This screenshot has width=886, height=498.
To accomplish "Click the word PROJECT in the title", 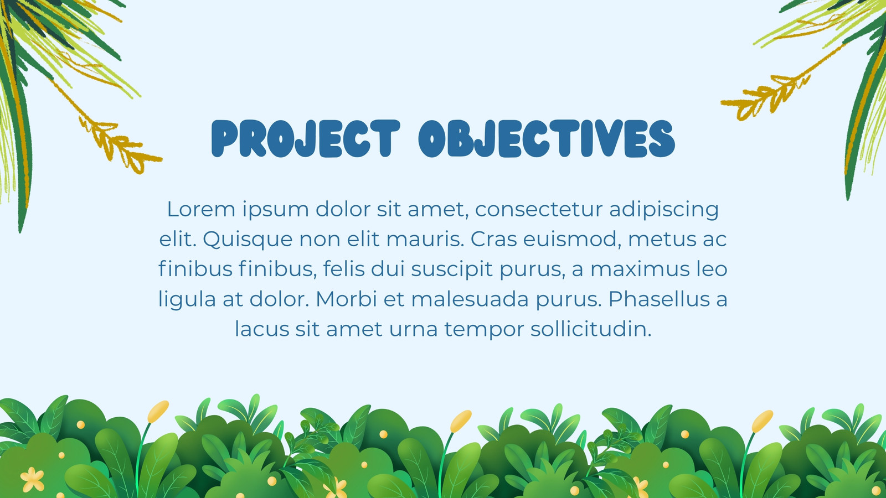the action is click(306, 138).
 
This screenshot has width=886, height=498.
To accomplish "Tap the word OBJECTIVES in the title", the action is click(547, 138).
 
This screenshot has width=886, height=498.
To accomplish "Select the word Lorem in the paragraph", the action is click(202, 209).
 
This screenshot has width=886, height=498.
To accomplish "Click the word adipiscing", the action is click(664, 210).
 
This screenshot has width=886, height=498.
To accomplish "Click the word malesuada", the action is click(470, 299).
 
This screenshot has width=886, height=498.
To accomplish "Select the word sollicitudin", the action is click(590, 329).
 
